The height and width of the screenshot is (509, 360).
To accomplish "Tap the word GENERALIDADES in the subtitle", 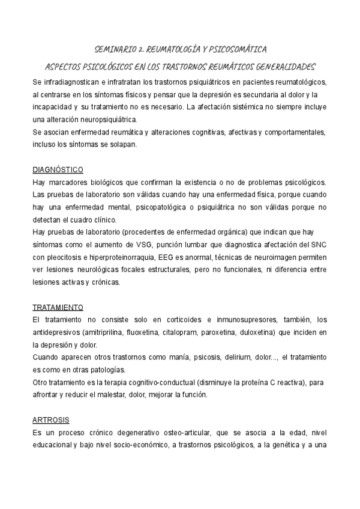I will pyautogui.click(x=281, y=66).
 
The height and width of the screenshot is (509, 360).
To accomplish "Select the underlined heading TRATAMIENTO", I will pyautogui.click(x=58, y=307).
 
